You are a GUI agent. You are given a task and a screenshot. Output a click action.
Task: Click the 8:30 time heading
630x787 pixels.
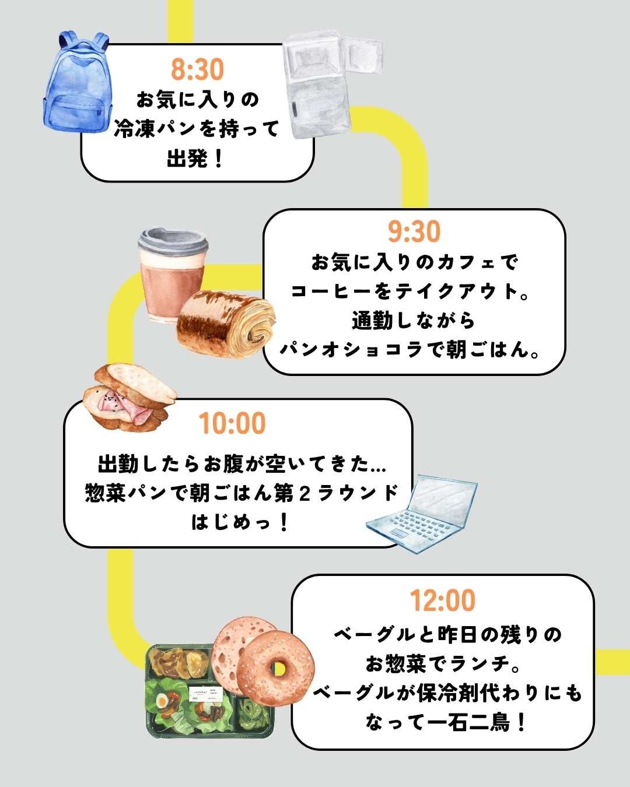pos(197,69)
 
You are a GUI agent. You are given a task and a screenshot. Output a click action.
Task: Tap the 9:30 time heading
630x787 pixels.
pos(414,232)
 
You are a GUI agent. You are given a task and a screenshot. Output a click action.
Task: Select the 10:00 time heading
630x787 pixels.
pos(232,423)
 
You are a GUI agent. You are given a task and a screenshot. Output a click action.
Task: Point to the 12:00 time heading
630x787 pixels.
pos(442,600)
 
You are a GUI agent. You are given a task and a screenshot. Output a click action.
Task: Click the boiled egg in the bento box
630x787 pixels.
pos(163,699)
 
